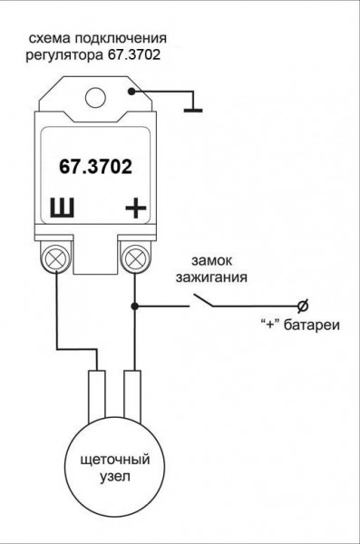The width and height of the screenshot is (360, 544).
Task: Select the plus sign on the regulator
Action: click(x=135, y=209)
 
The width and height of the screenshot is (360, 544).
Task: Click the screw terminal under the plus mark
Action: click(x=135, y=260)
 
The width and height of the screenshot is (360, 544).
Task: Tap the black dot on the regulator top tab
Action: click(x=134, y=92)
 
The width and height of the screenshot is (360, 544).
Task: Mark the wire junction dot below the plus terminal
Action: click(x=135, y=306)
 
